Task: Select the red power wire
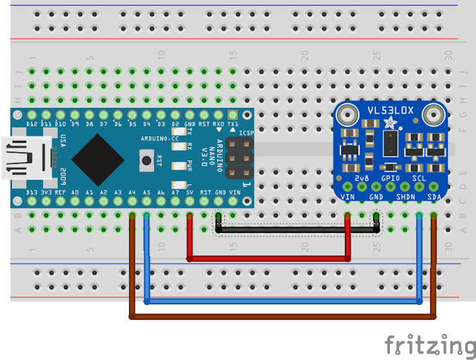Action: point(268,259)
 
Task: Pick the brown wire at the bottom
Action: point(282,317)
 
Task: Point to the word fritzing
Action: point(429,346)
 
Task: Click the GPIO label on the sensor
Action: point(390,179)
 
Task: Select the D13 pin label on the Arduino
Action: point(31,193)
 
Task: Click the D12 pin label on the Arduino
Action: point(31,124)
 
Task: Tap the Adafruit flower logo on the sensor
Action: point(390,124)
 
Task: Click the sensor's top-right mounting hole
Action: point(434,113)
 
